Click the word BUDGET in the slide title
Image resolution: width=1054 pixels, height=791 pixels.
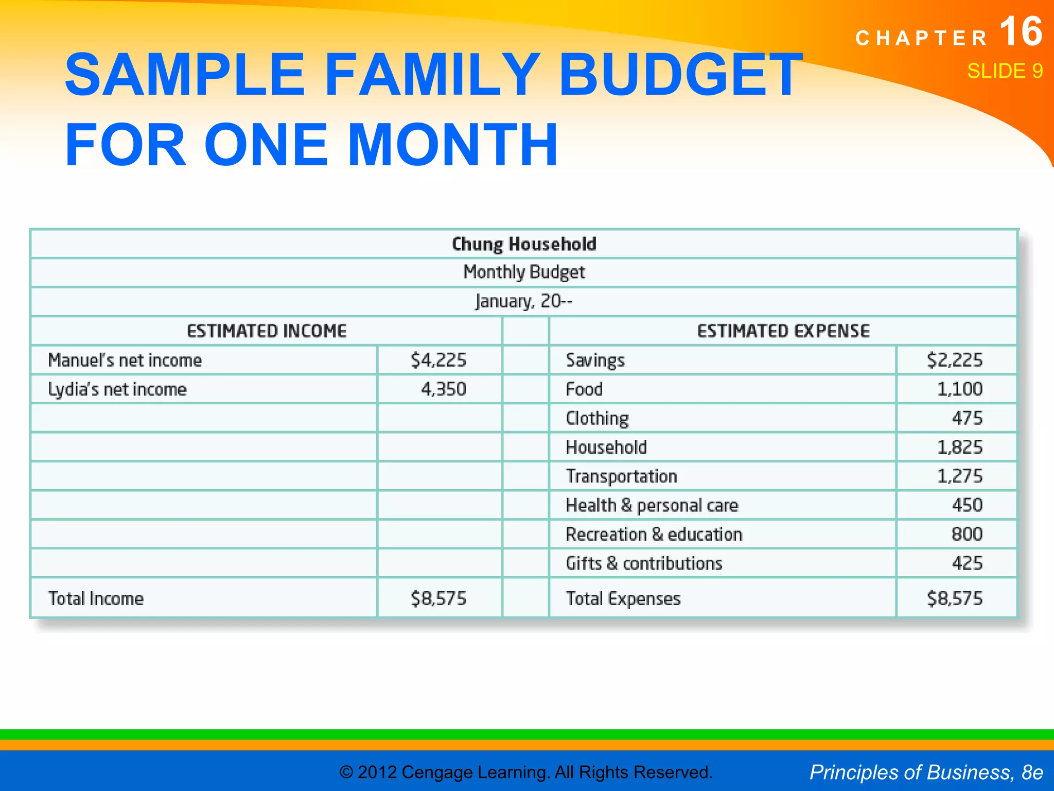(x=679, y=75)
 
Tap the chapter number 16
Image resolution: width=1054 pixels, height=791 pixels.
(x=1021, y=32)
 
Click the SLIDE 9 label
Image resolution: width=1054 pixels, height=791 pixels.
(x=1005, y=71)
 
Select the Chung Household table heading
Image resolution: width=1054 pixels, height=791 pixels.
(x=524, y=244)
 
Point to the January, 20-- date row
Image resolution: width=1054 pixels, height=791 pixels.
(x=523, y=301)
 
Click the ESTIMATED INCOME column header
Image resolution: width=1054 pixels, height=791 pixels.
(x=267, y=331)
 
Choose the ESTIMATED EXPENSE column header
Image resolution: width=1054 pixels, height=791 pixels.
(x=783, y=331)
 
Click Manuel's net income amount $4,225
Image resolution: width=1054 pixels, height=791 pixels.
(x=438, y=360)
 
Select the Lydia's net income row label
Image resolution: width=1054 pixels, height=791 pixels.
(x=117, y=389)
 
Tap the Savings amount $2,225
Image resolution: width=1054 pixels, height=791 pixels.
(x=955, y=360)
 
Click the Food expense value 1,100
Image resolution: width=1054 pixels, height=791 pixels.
(x=960, y=389)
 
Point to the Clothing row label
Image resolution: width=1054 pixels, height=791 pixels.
(x=597, y=418)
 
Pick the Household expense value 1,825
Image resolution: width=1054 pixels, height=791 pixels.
(x=960, y=447)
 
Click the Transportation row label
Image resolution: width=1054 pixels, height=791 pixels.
(x=621, y=476)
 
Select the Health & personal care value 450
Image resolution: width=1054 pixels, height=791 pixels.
(x=967, y=505)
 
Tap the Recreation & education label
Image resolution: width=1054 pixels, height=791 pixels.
(x=654, y=535)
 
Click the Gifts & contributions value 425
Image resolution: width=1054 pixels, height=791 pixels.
(x=967, y=563)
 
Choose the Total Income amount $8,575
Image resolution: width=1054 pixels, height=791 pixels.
(x=438, y=598)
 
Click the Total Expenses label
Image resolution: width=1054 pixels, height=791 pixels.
(x=623, y=598)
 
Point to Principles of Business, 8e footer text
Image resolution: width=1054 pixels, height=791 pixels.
(x=926, y=772)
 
